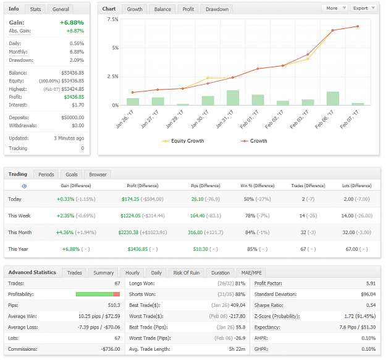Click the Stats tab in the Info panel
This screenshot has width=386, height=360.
tap(35, 9)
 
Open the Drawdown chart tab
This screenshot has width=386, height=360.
tap(217, 9)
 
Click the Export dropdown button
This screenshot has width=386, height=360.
tap(364, 8)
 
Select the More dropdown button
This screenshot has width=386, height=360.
tap(335, 8)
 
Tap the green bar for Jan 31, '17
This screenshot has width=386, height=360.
tap(233, 98)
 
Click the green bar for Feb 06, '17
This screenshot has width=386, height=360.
tap(333, 98)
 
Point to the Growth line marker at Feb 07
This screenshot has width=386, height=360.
tap(358, 27)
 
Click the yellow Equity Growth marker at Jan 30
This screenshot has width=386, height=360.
tap(208, 78)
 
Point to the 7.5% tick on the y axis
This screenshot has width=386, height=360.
tap(113, 19)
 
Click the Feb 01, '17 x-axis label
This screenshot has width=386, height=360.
tap(249, 119)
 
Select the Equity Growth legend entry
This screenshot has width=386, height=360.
tap(183, 141)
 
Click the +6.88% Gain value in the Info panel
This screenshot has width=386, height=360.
tap(72, 23)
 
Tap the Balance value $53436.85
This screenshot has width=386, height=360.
tap(73, 73)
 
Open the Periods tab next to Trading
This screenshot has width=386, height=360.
tap(46, 175)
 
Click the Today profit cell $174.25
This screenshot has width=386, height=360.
tap(130, 199)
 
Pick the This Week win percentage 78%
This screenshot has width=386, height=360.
tap(250, 216)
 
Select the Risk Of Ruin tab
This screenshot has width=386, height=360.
tap(187, 273)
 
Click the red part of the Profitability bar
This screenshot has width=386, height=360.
tap(117, 295)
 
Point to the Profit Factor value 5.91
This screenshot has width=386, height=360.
tap(371, 283)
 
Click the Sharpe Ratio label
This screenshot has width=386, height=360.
tap(269, 306)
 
